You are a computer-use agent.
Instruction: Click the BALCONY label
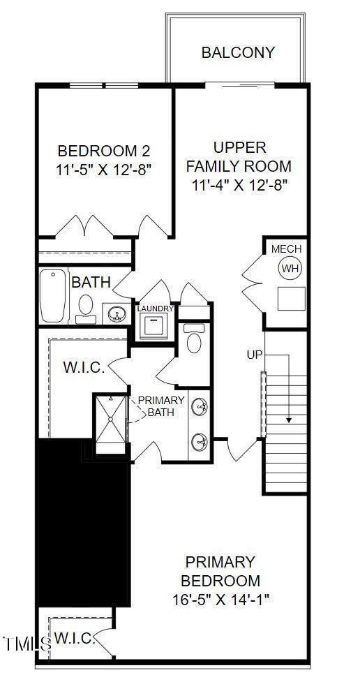pyautogui.click(x=238, y=52)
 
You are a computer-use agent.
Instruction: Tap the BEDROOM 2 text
pyautogui.click(x=103, y=151)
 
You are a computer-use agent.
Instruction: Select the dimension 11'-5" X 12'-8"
pyautogui.click(x=103, y=169)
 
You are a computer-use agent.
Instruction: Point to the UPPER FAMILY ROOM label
pyautogui.click(x=239, y=157)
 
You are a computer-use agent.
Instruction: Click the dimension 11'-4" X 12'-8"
pyautogui.click(x=239, y=185)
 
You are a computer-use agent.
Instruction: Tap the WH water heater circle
pyautogui.click(x=289, y=267)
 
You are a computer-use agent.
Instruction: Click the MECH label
pyautogui.click(x=286, y=249)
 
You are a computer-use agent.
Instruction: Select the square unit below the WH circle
pyautogui.click(x=291, y=298)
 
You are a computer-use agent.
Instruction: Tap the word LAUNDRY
pyautogui.click(x=155, y=309)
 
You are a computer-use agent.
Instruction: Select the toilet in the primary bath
pyautogui.click(x=194, y=339)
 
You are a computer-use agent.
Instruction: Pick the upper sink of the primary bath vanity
pyautogui.click(x=200, y=407)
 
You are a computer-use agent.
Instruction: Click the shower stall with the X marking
pyautogui.click(x=110, y=419)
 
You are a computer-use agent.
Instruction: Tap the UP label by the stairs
pyautogui.click(x=254, y=355)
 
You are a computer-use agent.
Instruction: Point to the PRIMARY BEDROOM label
pyautogui.click(x=220, y=571)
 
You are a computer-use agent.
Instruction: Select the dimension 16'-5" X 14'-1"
pyautogui.click(x=220, y=599)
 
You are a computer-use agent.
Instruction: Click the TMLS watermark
pyautogui.click(x=27, y=644)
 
